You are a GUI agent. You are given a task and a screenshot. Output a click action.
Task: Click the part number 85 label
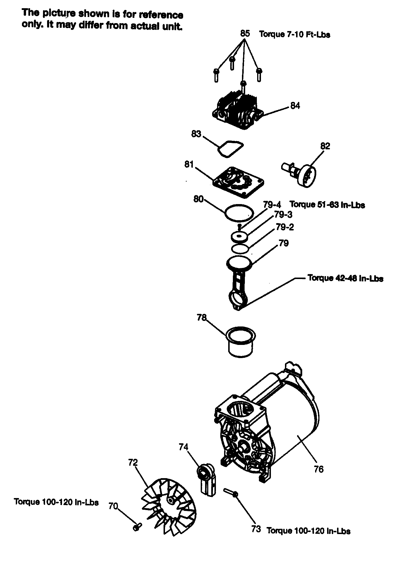coord(245,33)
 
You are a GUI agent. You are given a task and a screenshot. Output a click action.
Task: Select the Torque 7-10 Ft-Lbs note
coord(295,35)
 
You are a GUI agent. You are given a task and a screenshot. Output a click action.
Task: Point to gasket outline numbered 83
coord(230,149)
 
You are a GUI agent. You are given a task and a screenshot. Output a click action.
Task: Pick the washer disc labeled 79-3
coord(239,236)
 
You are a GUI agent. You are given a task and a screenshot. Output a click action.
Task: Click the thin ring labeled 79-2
coord(240,249)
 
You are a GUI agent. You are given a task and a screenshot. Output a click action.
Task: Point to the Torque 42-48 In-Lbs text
coord(345,278)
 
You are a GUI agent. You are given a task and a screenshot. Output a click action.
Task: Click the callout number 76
coord(318,469)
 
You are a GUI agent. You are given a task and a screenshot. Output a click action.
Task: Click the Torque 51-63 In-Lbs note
coord(327,205)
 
